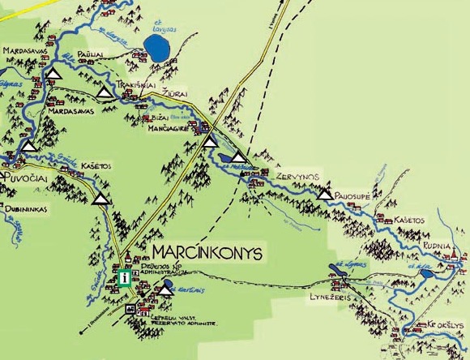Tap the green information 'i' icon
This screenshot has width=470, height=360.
124,278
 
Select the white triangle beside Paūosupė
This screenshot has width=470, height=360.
325,195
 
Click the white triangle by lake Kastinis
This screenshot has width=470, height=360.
165,289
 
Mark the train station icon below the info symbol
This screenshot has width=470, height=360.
130,309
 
